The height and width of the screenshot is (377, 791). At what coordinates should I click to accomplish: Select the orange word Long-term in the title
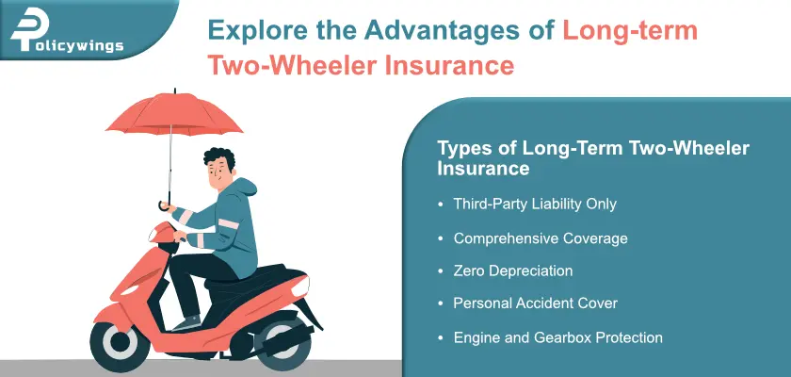click(x=630, y=30)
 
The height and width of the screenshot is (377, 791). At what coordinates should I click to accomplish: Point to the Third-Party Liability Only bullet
click(x=534, y=204)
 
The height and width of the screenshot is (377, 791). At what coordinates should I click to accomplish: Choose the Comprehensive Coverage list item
click(x=540, y=238)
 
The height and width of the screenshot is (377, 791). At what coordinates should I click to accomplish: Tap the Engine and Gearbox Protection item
click(x=557, y=336)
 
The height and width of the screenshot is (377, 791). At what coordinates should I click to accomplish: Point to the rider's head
click(x=218, y=168)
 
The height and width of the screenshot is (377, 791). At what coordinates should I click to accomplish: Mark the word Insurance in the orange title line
click(x=451, y=67)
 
